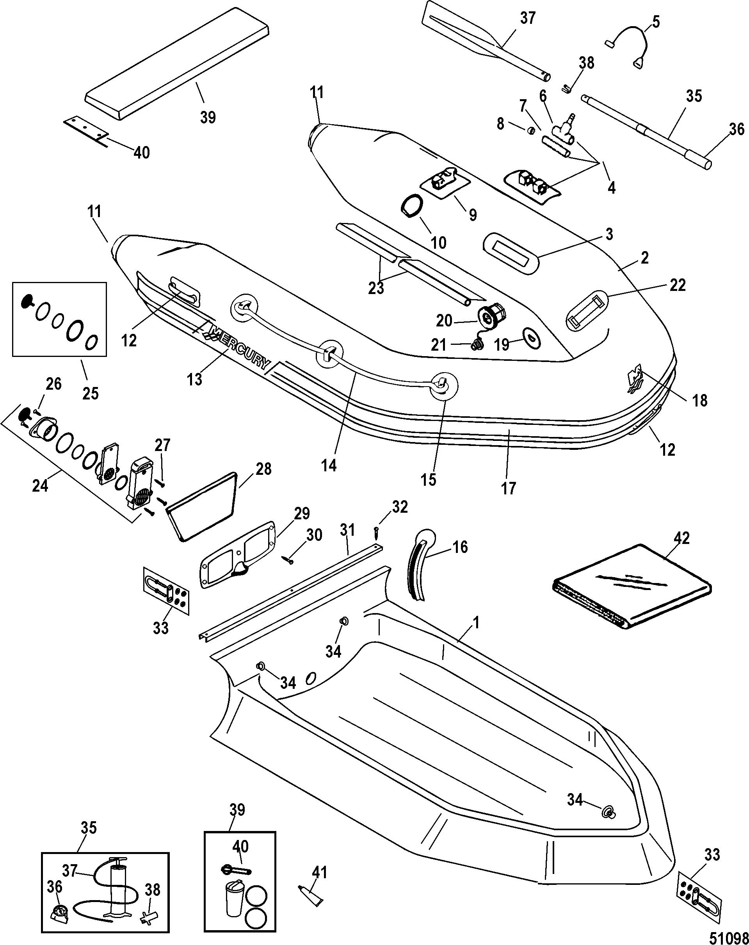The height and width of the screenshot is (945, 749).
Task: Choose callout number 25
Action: pyautogui.click(x=91, y=393)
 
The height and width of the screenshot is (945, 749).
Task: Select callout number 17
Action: pyautogui.click(x=509, y=488)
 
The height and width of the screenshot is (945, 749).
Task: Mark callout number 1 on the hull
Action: pyautogui.click(x=476, y=623)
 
